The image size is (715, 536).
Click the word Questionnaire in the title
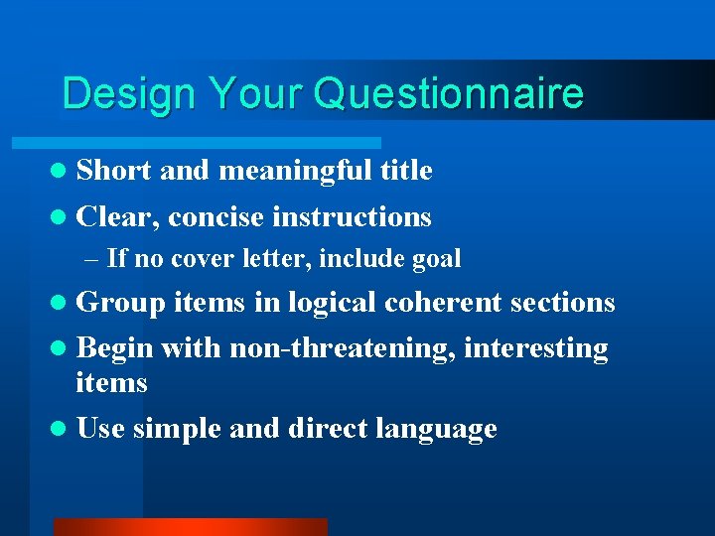tap(448, 94)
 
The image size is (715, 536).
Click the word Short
tap(113, 171)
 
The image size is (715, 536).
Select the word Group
tap(120, 303)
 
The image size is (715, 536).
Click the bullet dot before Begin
tap(63, 349)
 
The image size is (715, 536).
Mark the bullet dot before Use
tap(63, 430)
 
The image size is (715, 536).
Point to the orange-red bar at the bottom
tap(190, 527)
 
